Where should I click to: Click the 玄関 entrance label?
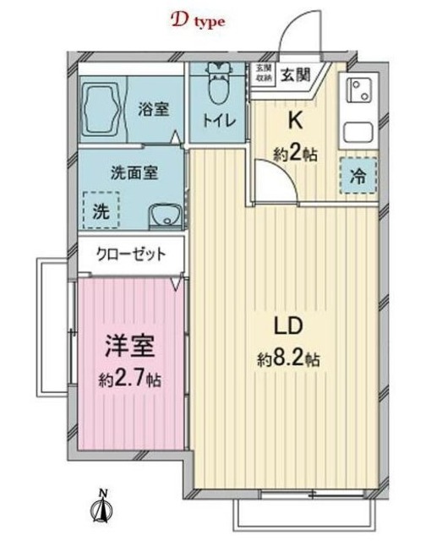[295, 74]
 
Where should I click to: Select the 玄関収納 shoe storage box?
[263, 74]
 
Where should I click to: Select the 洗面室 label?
[134, 169]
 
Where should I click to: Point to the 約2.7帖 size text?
[128, 380]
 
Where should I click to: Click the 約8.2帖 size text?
[288, 358]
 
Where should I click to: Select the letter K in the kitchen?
[295, 120]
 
